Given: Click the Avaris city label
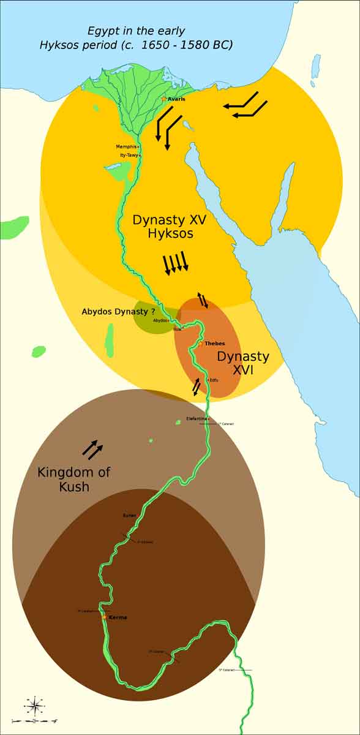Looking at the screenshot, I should pos(176,99).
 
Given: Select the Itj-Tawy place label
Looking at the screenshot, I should pos(129,156).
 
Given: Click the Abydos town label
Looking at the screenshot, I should pos(160,320).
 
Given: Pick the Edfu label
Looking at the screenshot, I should pos(214,380).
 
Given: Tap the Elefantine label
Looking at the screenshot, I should pos(197,419).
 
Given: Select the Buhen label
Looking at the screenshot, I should pos(129,516).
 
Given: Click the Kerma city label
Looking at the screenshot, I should pos(118,617).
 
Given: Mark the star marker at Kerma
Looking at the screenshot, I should pos(105,617).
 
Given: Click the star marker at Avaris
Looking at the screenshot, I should pos(163,98).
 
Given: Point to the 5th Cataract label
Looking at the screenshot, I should pos(227,670).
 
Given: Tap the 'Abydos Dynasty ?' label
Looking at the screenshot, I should pos(118,312).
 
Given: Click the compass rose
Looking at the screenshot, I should pos(35,706).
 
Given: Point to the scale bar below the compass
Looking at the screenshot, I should pos(35,722).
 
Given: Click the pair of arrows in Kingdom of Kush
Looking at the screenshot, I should pos(92,449).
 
